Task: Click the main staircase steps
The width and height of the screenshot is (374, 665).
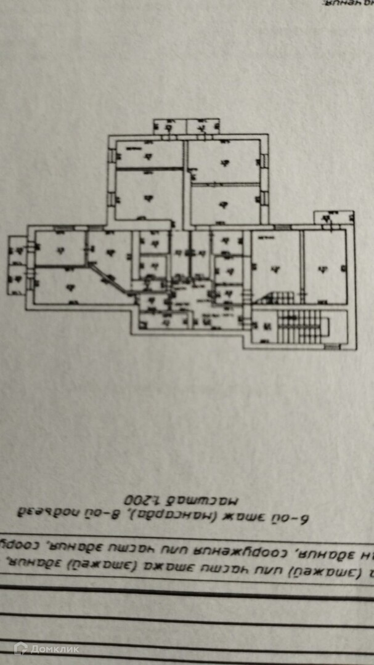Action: click(300, 326)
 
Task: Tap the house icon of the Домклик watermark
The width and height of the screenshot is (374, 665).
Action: click(21, 648)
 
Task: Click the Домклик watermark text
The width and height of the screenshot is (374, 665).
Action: click(55, 648)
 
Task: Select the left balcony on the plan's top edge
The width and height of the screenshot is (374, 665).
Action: click(168, 126)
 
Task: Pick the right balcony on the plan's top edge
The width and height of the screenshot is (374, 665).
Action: click(203, 126)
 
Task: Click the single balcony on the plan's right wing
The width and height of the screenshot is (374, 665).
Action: click(334, 217)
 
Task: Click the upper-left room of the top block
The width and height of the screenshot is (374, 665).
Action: click(148, 155)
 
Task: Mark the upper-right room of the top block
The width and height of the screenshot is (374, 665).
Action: click(223, 161)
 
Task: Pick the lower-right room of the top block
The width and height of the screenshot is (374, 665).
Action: click(225, 203)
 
